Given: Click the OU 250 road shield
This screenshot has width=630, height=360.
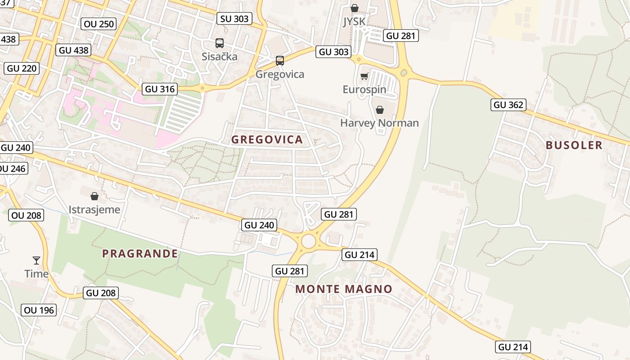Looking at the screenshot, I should [x=99, y=24].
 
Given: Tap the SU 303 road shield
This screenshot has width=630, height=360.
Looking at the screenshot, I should [x=234, y=18].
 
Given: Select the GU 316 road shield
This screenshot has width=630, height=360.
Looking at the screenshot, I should [x=160, y=89].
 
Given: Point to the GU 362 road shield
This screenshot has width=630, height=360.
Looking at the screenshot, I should [x=508, y=105].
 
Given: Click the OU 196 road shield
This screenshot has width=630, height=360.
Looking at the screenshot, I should [x=39, y=310].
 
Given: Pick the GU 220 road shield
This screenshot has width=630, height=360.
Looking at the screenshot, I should [x=22, y=68].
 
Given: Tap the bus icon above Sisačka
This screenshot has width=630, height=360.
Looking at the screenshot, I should [x=220, y=43].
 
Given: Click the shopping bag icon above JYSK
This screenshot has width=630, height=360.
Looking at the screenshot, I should [x=355, y=8].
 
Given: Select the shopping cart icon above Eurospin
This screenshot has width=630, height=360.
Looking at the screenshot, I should [x=364, y=76].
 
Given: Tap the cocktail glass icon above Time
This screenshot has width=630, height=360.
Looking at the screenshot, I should [x=36, y=260].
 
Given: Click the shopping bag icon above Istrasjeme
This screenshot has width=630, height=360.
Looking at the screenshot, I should [x=94, y=196].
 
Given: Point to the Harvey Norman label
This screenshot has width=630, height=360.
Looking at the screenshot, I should [x=379, y=123].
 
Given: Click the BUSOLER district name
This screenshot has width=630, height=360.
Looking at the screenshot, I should [x=574, y=145].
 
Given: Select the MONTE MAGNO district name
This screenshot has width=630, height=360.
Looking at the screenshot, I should [x=344, y=289].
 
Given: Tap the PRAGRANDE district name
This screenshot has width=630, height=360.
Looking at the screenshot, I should [x=140, y=253].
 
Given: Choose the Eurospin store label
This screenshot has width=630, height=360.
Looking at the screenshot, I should [x=364, y=89].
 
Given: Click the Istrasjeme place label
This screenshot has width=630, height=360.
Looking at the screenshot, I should [x=94, y=209].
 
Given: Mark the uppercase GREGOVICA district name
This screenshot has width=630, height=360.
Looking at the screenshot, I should [x=267, y=139].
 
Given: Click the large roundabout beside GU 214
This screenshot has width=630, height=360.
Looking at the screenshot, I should [x=308, y=241].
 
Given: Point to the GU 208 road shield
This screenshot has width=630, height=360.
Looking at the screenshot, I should [x=101, y=293].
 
